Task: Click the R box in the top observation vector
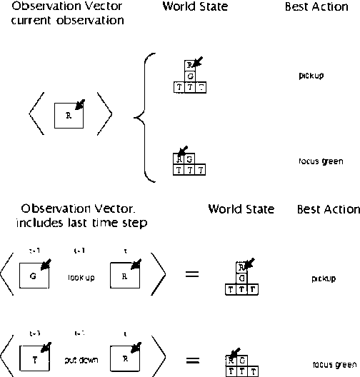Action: click(69, 115)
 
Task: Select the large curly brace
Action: click(146, 116)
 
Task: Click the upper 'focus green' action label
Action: click(321, 161)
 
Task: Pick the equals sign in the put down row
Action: click(192, 358)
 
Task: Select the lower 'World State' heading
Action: click(241, 209)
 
